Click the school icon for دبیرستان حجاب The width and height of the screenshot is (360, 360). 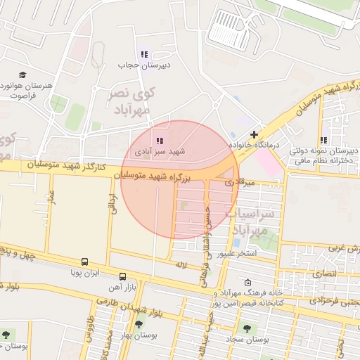(x=144, y=53)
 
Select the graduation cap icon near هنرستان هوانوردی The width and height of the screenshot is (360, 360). (x=22, y=74)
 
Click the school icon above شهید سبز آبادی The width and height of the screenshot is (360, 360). (x=159, y=141)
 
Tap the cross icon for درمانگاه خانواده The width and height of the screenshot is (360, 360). (x=254, y=134)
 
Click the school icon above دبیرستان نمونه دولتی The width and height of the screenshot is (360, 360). (x=323, y=140)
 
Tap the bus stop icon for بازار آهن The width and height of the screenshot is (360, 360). (x=123, y=276)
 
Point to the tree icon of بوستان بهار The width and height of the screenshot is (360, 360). (x=138, y=325)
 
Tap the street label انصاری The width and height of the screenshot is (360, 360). (x=326, y=272)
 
